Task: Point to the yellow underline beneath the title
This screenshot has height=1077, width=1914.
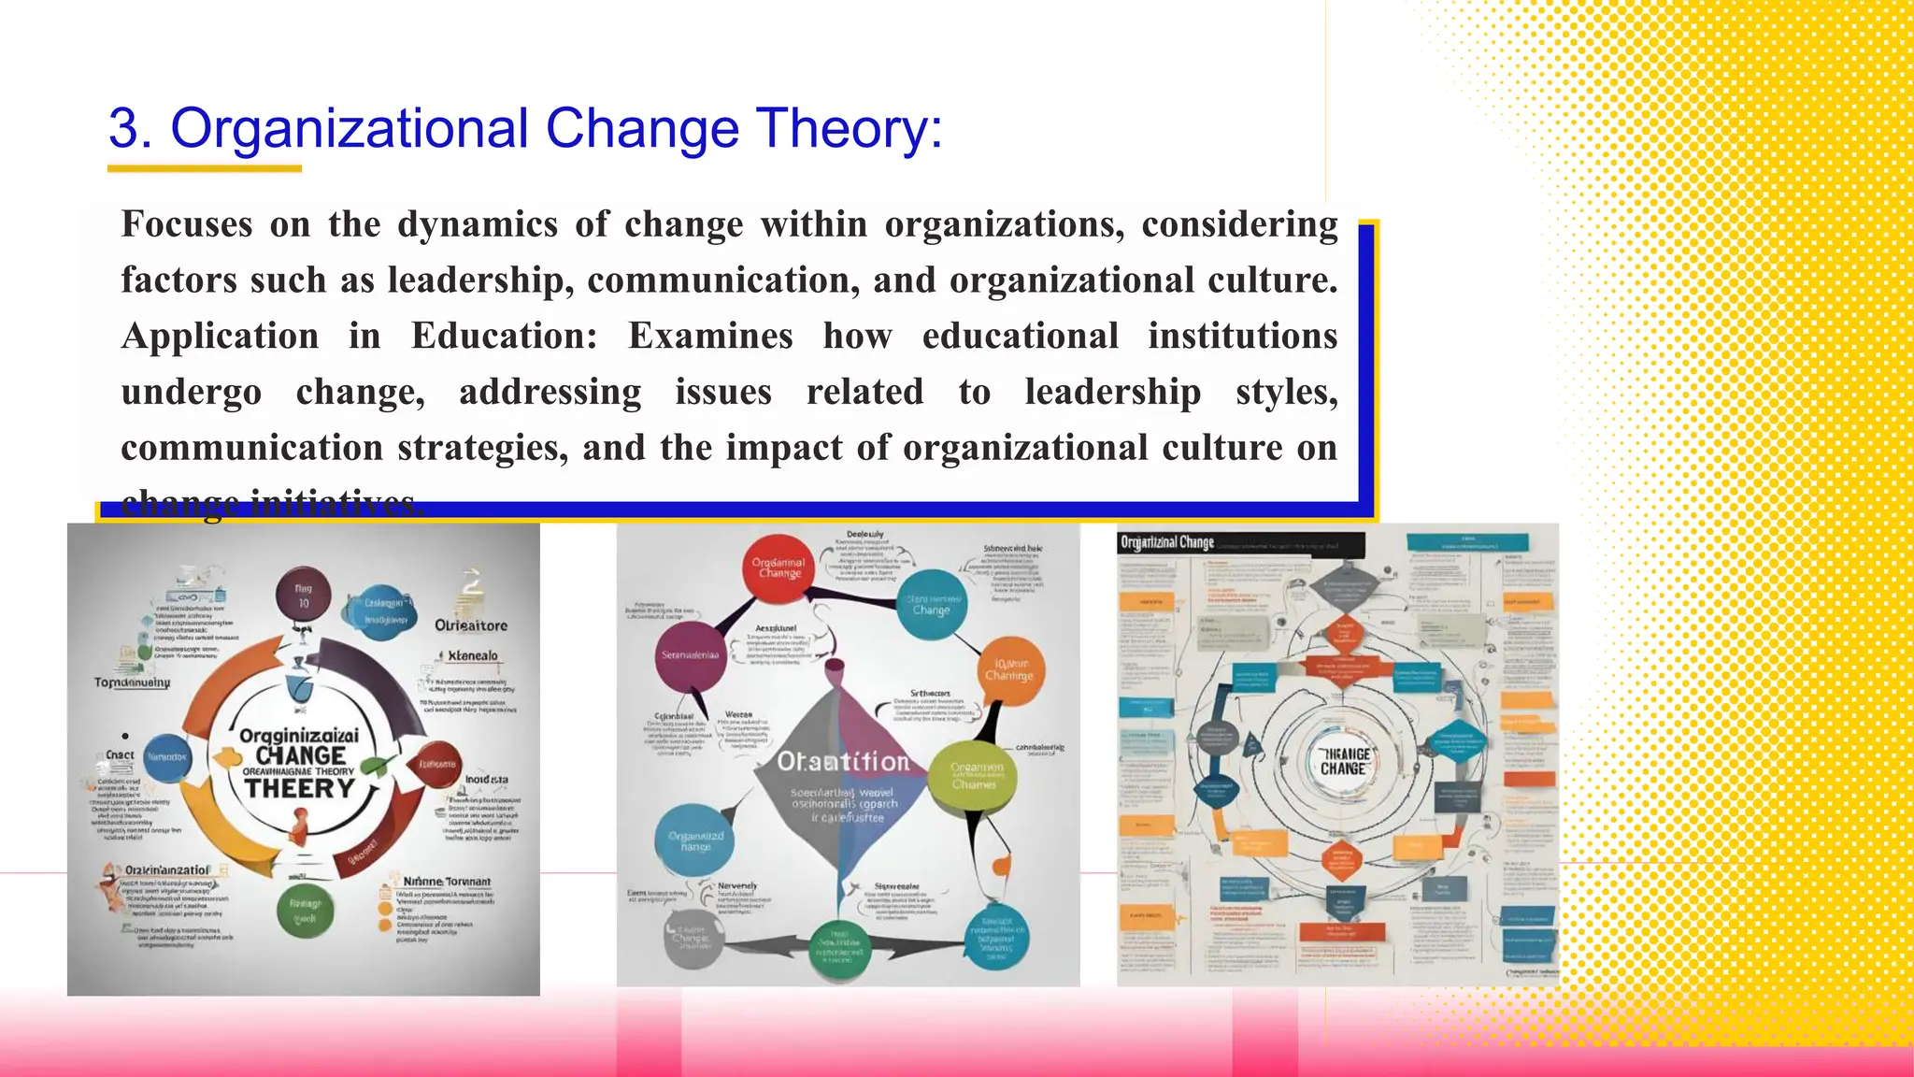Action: pyautogui.click(x=204, y=169)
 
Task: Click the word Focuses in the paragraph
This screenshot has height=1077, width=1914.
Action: pyautogui.click(x=187, y=225)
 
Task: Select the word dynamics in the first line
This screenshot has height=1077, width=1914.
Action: pyautogui.click(x=478, y=225)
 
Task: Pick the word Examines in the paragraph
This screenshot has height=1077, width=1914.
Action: pyautogui.click(x=710, y=337)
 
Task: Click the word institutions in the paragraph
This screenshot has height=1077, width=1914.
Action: pyautogui.click(x=1242, y=337)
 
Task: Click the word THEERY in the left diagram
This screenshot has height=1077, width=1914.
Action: pyautogui.click(x=300, y=788)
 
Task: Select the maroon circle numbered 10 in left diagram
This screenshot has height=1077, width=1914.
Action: pyautogui.click(x=304, y=596)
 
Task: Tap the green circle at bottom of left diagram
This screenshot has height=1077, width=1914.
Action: pyautogui.click(x=306, y=911)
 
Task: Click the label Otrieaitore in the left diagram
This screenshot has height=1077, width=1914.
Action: pyautogui.click(x=471, y=625)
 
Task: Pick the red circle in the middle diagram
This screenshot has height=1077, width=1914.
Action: pyautogui.click(x=779, y=566)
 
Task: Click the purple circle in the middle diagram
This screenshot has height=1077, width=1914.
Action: pyautogui.click(x=691, y=655)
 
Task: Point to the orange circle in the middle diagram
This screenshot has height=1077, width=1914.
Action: pyautogui.click(x=1008, y=669)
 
